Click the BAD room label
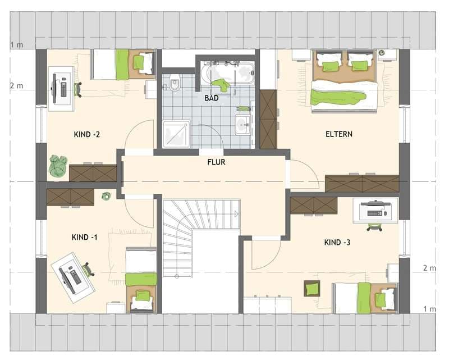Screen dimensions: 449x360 pyautogui.click(x=212, y=98)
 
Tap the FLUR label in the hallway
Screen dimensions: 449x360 pyautogui.click(x=216, y=162)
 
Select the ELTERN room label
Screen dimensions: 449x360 pyautogui.click(x=339, y=134)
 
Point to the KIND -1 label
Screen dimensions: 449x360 pyautogui.click(x=85, y=238)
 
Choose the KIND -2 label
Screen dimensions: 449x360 pyautogui.click(x=87, y=134)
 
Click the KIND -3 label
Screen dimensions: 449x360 pyautogui.click(x=337, y=243)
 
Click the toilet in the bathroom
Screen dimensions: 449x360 pyautogui.click(x=175, y=82)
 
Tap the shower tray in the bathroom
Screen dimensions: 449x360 pyautogui.click(x=176, y=134)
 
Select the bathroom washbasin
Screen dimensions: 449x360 pyautogui.click(x=243, y=125)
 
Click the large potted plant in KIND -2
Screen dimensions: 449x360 pyautogui.click(x=58, y=165)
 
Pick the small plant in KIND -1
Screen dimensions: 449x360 pyautogui.click(x=107, y=196)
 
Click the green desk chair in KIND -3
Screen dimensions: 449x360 pyautogui.click(x=375, y=227)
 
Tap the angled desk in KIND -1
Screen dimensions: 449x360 pyautogui.click(x=73, y=277)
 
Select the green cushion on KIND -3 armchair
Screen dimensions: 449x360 pyautogui.click(x=312, y=288)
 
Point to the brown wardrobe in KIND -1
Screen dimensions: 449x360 pyautogui.click(x=71, y=197)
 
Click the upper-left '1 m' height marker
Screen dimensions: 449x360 pyautogui.click(x=17, y=45)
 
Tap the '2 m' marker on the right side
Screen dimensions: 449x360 pyautogui.click(x=429, y=268)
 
